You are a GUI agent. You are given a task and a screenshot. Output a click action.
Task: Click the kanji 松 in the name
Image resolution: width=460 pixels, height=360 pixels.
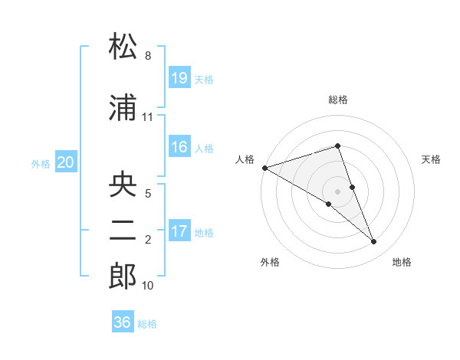123,47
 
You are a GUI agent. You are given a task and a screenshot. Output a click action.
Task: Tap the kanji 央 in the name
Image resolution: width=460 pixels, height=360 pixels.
123,185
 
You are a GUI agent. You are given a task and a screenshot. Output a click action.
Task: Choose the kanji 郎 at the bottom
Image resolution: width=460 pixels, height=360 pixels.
123,277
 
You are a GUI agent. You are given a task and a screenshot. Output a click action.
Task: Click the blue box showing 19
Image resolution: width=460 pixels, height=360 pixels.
179,78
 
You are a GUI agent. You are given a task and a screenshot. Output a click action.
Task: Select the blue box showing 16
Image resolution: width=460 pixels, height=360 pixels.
179,147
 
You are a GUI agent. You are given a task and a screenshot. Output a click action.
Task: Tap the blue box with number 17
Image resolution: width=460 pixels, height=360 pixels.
179,231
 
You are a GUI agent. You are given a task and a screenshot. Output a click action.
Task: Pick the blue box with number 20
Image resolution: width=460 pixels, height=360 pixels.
66,162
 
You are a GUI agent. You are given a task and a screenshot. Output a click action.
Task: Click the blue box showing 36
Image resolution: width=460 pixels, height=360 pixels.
123,322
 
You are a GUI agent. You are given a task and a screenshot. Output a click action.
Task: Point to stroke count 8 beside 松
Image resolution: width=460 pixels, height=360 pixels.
148,56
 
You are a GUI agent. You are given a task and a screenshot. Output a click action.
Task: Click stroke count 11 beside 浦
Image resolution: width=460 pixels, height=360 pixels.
147,117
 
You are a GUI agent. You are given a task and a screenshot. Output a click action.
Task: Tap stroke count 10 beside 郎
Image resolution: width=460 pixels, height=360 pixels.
147,286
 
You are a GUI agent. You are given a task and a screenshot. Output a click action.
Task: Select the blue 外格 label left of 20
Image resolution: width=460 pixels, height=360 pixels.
41,163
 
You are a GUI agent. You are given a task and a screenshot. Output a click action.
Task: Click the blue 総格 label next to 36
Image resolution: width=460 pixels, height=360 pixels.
147,324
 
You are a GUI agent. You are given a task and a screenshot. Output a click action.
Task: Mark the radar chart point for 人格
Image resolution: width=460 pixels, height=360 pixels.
264,167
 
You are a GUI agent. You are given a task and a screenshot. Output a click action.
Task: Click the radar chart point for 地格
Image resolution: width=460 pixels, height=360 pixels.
374,242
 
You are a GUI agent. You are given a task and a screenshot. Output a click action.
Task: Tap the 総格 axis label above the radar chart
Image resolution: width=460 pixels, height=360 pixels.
338,100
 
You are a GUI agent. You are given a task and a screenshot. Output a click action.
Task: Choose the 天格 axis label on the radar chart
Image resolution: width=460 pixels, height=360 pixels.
432,159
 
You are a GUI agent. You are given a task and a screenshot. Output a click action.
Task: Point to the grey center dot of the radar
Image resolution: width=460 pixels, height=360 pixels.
337,191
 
